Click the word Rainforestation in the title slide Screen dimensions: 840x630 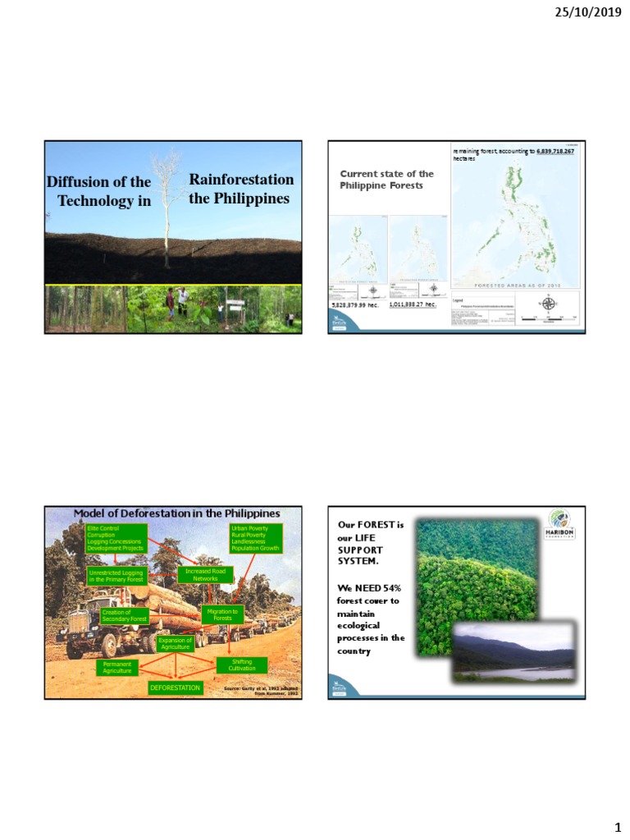pos(241,180)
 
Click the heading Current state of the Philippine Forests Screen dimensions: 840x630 pos(386,180)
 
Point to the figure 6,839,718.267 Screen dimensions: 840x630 pos(555,152)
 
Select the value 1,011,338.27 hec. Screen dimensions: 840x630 pos(412,304)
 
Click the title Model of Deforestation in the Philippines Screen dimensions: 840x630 pos(176,514)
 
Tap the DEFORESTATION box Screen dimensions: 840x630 pos(175,688)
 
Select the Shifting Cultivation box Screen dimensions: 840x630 pos(241,665)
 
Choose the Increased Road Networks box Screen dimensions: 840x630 pos(205,574)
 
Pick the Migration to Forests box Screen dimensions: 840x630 pos(222,614)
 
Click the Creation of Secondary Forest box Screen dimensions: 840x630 pos(124,615)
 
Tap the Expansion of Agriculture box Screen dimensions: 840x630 pos(174,644)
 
